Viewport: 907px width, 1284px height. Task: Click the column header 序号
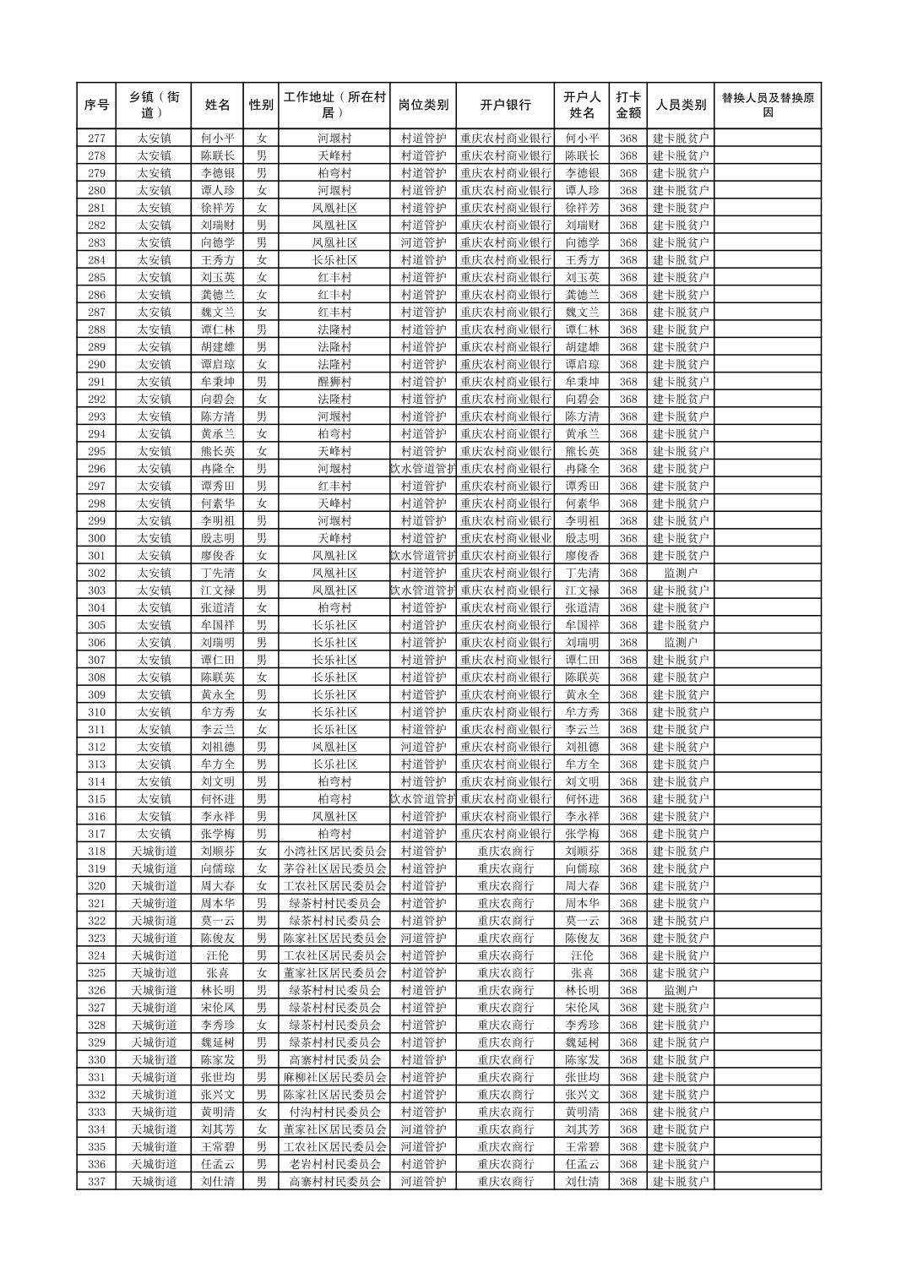[96, 106]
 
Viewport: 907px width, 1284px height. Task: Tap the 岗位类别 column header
[423, 106]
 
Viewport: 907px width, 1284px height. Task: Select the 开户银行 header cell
[506, 106]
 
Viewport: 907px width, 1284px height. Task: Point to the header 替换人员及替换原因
[767, 106]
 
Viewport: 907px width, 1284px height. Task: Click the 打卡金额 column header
[627, 106]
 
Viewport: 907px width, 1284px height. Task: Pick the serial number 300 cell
[96, 538]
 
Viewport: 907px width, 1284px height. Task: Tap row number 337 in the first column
[96, 1182]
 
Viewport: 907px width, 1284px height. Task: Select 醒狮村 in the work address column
[334, 382]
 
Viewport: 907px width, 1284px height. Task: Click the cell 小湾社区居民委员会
[334, 851]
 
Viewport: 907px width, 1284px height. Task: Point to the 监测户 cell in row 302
[681, 573]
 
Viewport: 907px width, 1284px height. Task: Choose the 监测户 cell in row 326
[681, 990]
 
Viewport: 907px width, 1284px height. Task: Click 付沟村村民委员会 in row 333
[334, 1113]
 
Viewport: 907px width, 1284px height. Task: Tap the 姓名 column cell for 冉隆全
[217, 469]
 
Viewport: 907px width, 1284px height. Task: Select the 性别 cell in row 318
[262, 851]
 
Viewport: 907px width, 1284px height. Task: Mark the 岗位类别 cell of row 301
[423, 556]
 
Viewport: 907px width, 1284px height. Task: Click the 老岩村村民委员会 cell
[334, 1164]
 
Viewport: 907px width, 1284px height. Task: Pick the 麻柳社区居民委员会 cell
[334, 1077]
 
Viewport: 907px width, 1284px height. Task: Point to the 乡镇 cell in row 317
[155, 834]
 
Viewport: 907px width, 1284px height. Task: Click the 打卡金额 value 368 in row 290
[627, 364]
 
